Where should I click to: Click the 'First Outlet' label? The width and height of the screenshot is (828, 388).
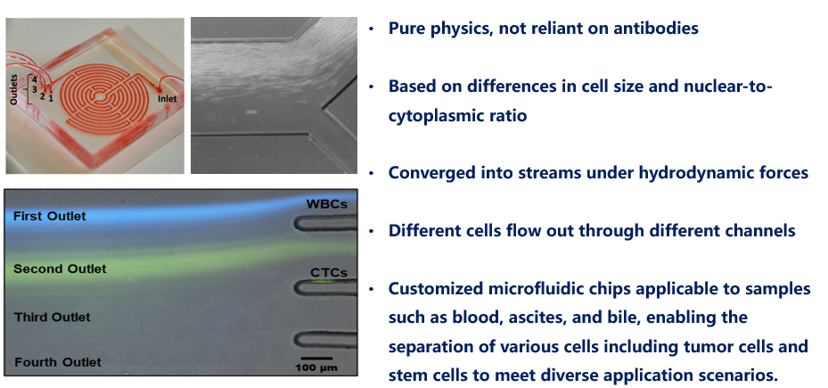[x=49, y=216]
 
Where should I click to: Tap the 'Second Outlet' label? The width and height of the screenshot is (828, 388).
[x=60, y=268]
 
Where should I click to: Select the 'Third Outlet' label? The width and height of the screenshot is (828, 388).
[x=53, y=318]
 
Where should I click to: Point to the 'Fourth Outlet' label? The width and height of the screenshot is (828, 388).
[x=58, y=362]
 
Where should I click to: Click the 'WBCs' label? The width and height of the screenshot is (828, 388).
[x=326, y=203]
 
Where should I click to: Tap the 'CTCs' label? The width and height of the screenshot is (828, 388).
[x=329, y=273]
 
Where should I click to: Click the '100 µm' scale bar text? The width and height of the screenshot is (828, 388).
[x=316, y=367]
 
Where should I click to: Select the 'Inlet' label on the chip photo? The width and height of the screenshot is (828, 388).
[x=167, y=98]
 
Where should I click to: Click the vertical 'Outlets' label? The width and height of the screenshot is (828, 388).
[x=14, y=89]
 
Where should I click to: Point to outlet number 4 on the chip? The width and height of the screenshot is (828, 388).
[x=35, y=79]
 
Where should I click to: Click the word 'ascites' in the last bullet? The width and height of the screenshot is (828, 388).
[x=619, y=318]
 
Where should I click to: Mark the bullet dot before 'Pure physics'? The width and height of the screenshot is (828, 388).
[x=372, y=29]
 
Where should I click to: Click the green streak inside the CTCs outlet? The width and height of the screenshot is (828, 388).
[x=323, y=282]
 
